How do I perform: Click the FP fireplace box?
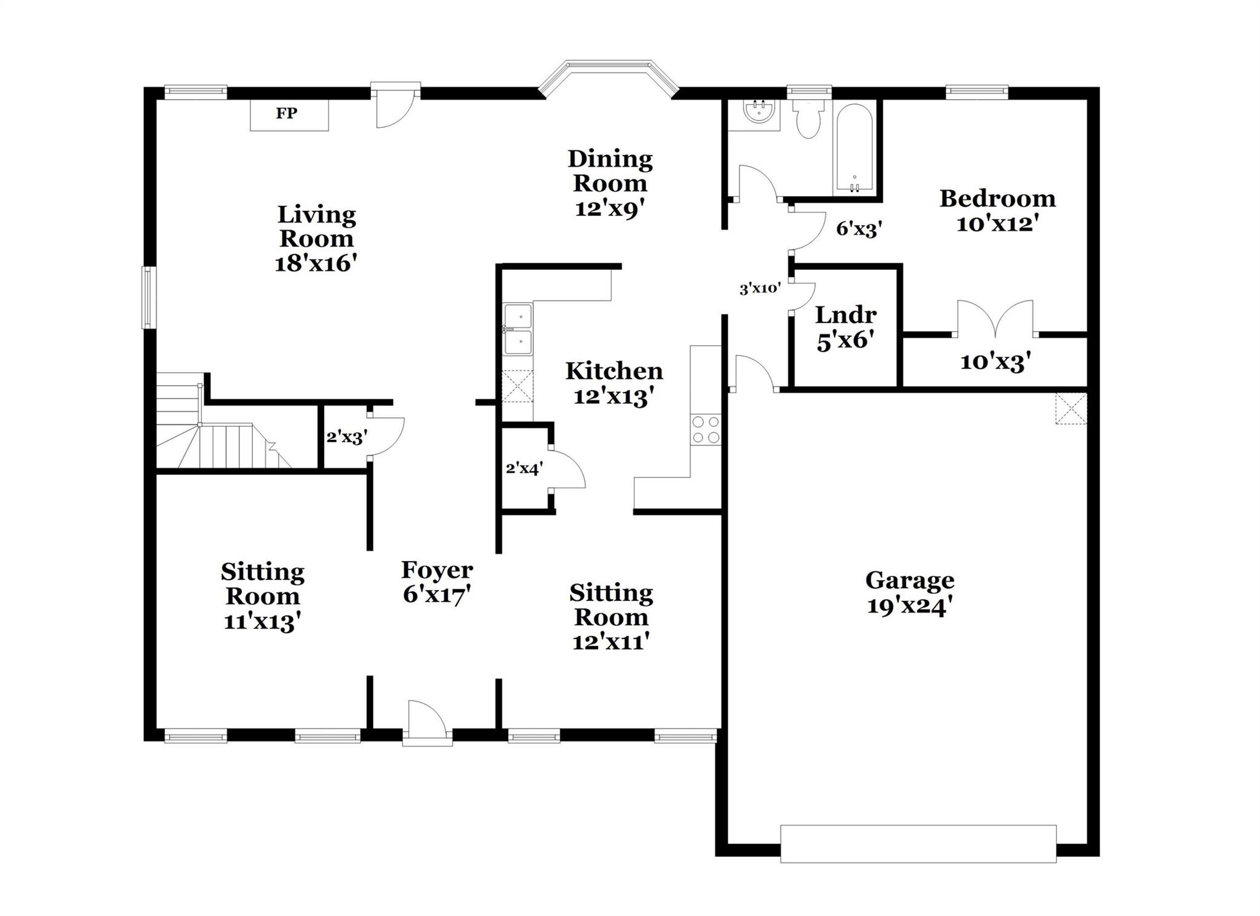pyautogui.click(x=289, y=114)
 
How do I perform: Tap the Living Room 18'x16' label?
pyautogui.click(x=316, y=239)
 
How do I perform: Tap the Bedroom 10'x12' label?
pyautogui.click(x=997, y=210)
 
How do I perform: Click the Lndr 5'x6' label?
pyautogui.click(x=845, y=327)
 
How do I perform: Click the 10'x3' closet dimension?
pyautogui.click(x=995, y=362)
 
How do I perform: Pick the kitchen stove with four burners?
pyautogui.click(x=705, y=429)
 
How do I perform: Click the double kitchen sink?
pyautogui.click(x=518, y=329)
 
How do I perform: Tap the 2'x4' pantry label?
pyautogui.click(x=524, y=469)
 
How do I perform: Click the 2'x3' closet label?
pyautogui.click(x=346, y=437)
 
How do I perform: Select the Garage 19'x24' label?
pyautogui.click(x=909, y=592)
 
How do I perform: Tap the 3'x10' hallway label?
pyautogui.click(x=760, y=288)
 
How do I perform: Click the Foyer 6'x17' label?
pyautogui.click(x=437, y=582)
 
